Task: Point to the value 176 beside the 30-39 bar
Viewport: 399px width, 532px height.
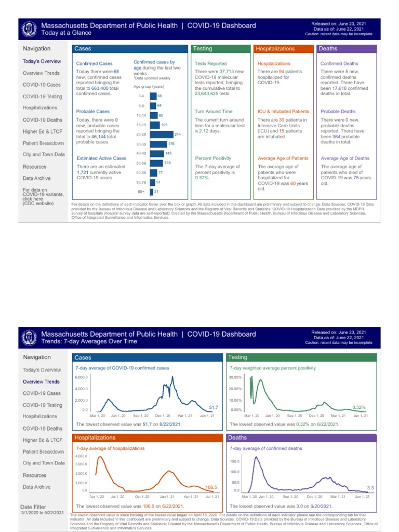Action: tap(171, 144)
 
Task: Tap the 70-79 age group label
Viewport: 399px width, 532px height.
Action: tap(141, 182)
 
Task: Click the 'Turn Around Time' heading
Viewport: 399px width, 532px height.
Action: tap(214, 111)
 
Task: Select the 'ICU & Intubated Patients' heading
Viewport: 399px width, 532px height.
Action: tap(283, 111)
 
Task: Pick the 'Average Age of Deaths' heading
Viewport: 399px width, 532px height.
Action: tap(345, 158)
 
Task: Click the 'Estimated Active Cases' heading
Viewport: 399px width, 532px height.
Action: tap(101, 158)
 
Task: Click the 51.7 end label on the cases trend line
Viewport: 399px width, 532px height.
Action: tap(213, 406)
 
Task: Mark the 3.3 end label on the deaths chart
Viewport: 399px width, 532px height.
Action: tap(370, 488)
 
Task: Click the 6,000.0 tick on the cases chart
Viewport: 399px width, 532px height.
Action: tap(82, 377)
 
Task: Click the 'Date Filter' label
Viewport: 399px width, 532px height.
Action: tap(33, 507)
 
